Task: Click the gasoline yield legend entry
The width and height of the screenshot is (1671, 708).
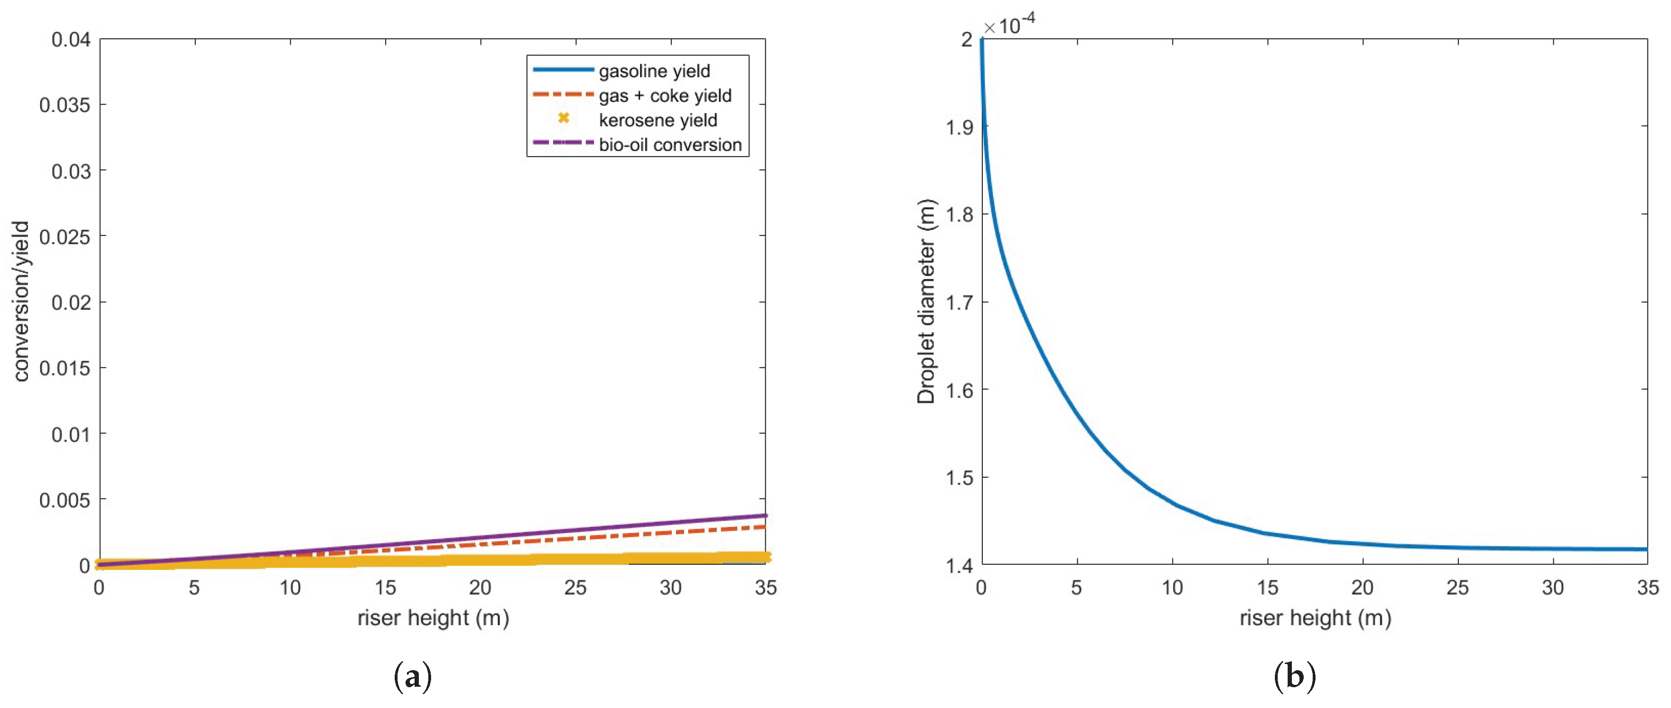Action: [654, 71]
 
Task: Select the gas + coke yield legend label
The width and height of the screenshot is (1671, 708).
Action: [665, 96]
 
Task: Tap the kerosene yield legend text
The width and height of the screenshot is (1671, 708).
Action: [658, 120]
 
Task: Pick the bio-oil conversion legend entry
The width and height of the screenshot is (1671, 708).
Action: [670, 145]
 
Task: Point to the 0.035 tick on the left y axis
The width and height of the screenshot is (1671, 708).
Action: [65, 105]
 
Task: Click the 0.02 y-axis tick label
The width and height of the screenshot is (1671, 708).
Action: [71, 302]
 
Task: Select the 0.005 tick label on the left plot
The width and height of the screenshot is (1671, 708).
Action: [65, 500]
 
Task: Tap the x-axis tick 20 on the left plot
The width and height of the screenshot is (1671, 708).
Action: [480, 588]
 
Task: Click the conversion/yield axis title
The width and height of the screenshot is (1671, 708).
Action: [21, 302]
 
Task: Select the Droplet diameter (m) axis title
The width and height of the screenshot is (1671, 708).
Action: [926, 302]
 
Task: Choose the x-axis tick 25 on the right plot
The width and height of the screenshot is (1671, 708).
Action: [1458, 588]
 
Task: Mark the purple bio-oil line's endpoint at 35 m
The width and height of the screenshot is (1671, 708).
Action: [765, 516]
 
